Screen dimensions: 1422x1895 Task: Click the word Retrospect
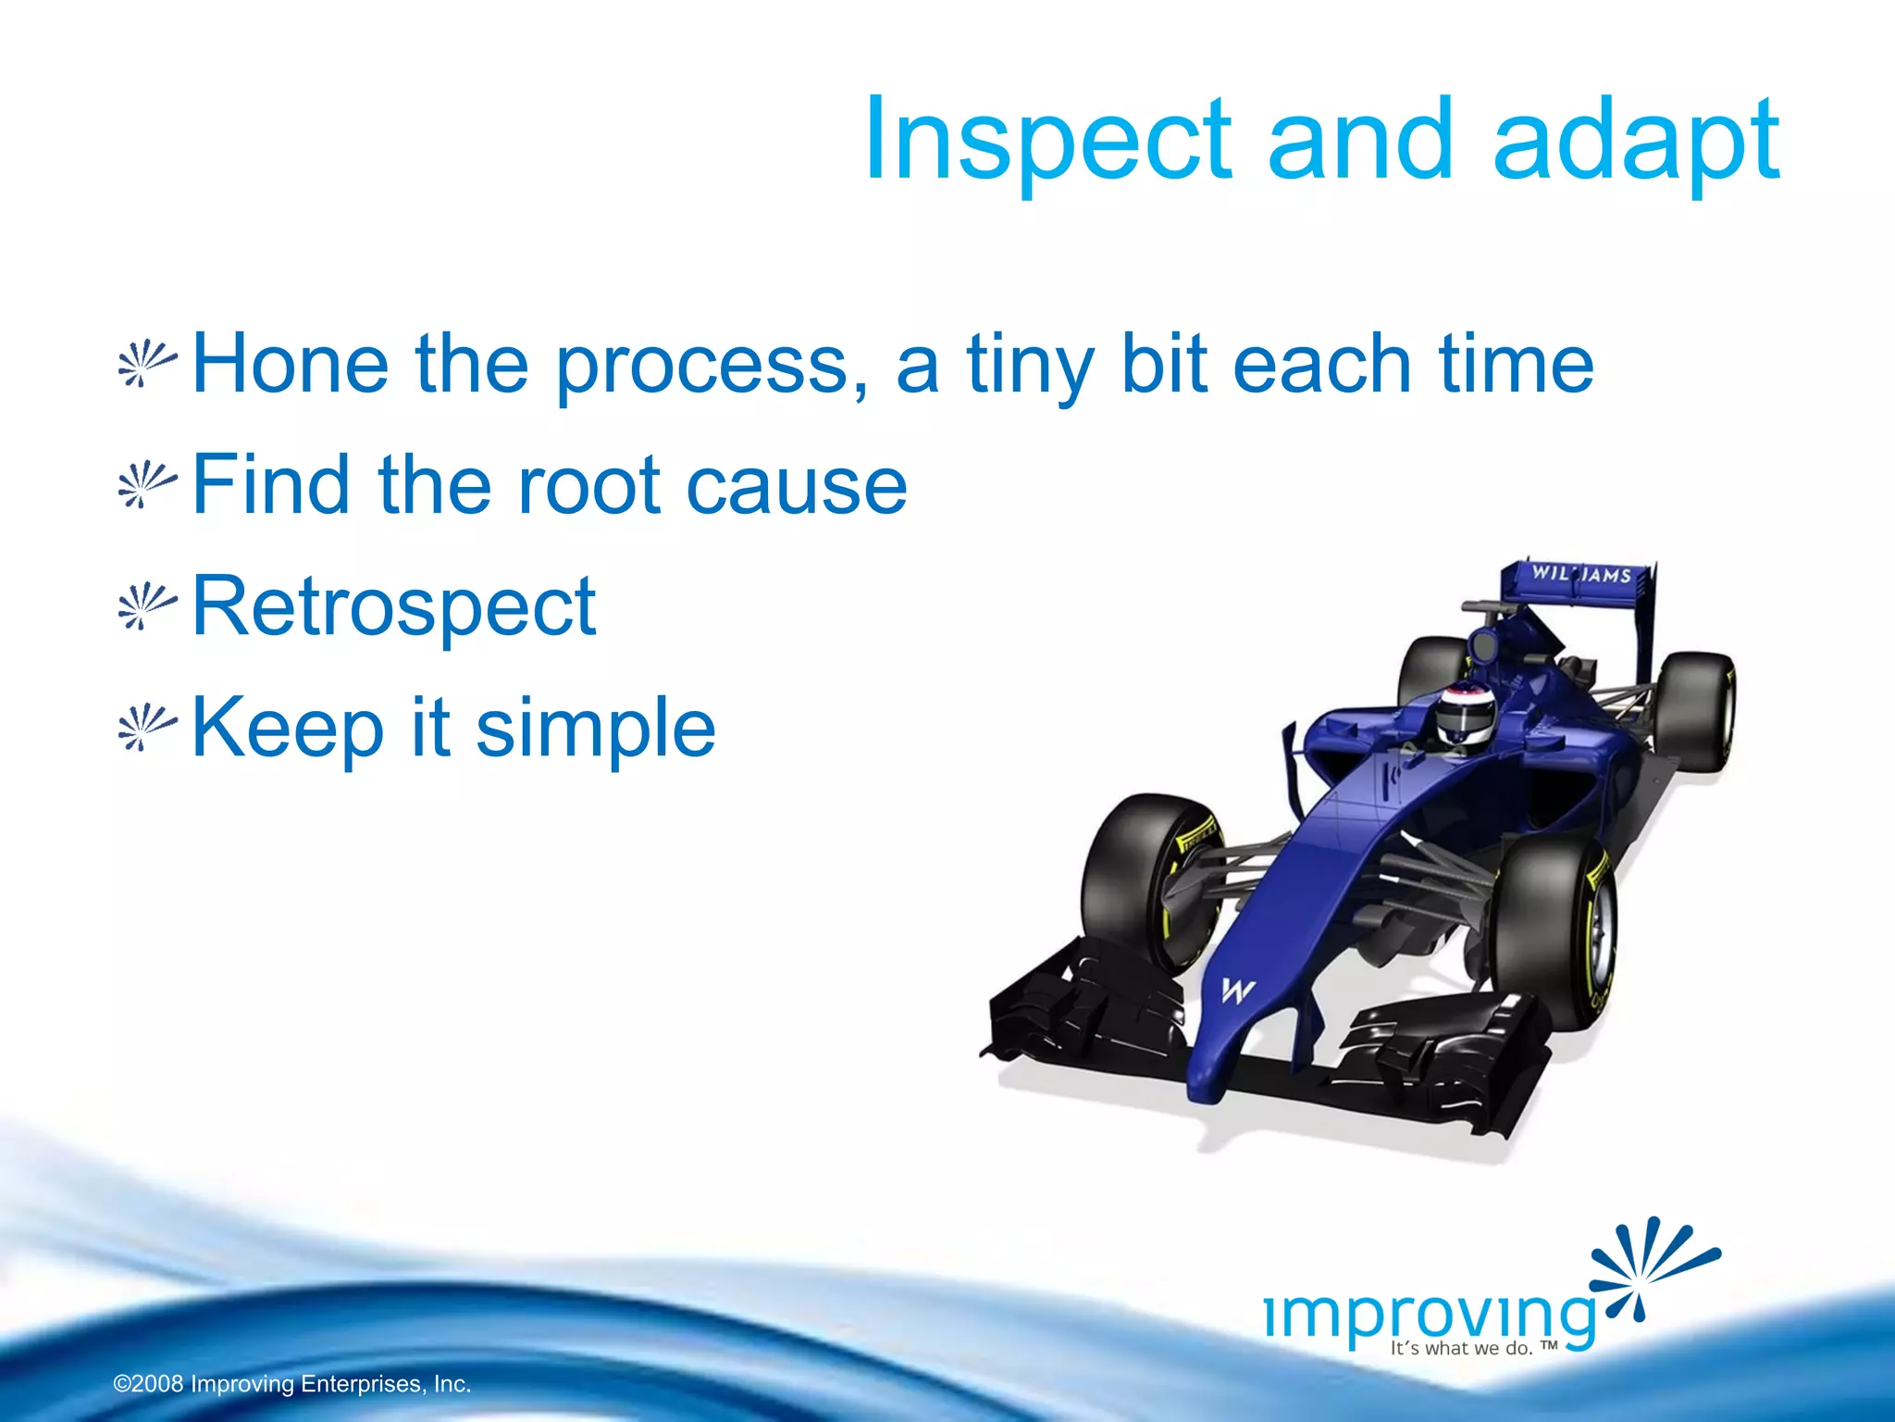pos(393,606)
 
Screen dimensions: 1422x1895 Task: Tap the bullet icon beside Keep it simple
pos(146,728)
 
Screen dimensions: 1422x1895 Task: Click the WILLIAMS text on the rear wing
pos(1580,574)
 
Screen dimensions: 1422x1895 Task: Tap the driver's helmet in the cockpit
pos(1466,715)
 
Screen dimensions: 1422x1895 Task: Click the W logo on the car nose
pos(1236,991)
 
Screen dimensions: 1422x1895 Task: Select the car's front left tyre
pos(1143,879)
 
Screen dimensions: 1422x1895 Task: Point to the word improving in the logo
pos(1430,1315)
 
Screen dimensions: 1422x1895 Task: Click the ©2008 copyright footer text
pos(291,1384)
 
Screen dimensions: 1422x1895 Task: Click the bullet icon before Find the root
pos(146,486)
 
